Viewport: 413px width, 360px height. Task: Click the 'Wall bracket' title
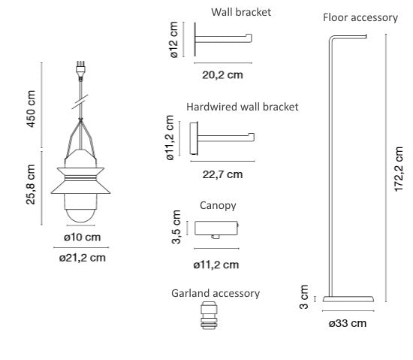click(x=241, y=12)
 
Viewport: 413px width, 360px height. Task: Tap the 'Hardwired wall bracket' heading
click(x=243, y=107)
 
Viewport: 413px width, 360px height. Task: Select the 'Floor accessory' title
click(x=360, y=17)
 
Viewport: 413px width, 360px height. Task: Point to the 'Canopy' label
click(x=218, y=206)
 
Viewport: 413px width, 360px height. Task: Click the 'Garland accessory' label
click(x=216, y=293)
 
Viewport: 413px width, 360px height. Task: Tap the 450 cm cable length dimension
click(x=31, y=108)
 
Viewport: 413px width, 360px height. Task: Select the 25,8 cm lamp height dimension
click(x=31, y=184)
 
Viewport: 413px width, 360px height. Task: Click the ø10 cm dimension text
click(x=82, y=237)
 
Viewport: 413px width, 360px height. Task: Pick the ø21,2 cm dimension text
click(x=83, y=258)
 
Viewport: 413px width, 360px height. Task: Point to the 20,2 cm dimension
click(x=222, y=75)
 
